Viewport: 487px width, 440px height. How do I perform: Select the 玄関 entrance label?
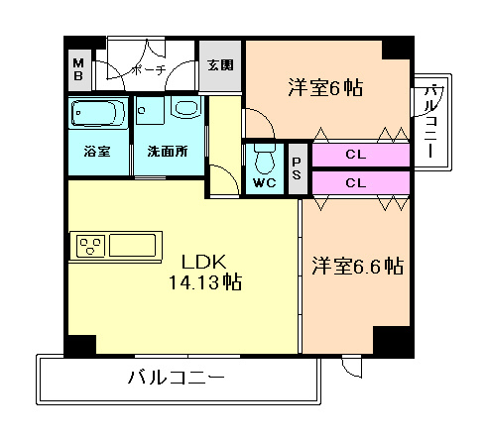coord(219,67)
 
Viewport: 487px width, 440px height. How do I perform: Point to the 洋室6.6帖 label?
coord(357,266)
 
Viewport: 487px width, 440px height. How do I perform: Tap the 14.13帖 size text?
coord(203,282)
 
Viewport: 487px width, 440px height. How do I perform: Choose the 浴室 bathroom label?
coord(96,154)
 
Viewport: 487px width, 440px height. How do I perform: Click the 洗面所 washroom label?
coord(168,154)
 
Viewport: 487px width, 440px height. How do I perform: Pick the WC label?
coord(264,183)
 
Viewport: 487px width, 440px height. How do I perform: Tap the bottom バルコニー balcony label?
coord(177,378)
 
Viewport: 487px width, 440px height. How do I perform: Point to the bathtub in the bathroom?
coord(97,117)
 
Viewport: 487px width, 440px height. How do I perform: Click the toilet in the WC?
coord(264,157)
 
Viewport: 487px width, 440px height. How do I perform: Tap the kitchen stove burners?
coord(87,245)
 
